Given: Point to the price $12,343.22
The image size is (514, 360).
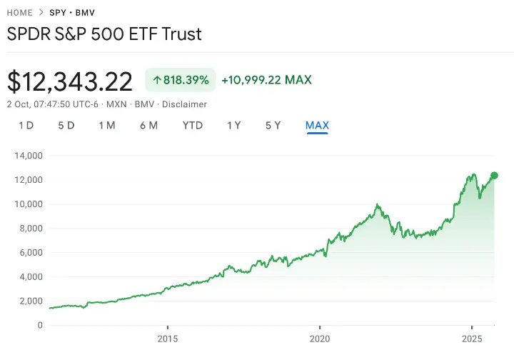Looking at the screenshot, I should [x=70, y=81].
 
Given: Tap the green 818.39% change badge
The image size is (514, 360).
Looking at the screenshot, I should [x=181, y=80].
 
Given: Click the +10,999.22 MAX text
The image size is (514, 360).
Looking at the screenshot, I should [x=266, y=80].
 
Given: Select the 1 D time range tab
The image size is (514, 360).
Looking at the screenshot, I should [x=26, y=126].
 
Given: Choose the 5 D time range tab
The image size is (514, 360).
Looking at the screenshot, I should [x=66, y=126].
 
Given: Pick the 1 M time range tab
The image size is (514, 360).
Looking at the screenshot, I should [x=107, y=126].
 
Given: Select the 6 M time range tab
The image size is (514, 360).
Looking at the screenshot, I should [x=149, y=126].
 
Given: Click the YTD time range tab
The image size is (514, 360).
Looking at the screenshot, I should [x=193, y=126].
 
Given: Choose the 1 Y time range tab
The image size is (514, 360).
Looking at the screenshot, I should [x=233, y=126].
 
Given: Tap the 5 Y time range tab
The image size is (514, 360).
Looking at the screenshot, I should [x=273, y=126].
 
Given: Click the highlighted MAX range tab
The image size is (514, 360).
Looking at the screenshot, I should [x=317, y=126].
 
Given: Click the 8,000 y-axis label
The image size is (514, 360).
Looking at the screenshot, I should [x=31, y=229].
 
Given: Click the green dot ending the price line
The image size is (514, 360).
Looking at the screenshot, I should [x=494, y=175].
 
